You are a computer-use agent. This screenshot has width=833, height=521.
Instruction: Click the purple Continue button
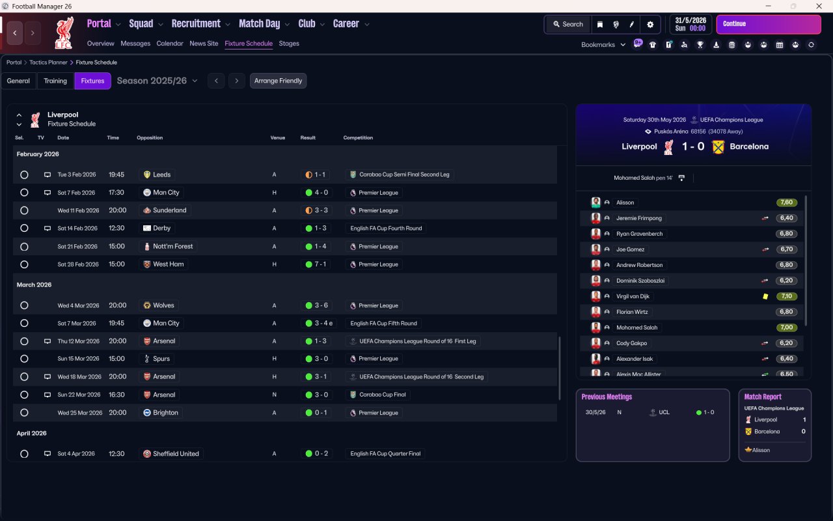click(768, 24)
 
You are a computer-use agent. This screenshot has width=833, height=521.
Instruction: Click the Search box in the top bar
click(568, 24)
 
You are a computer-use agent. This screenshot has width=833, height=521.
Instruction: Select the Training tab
click(55, 81)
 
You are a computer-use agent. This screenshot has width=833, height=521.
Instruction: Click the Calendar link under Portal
click(170, 44)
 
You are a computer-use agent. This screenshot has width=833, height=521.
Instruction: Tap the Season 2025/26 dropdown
click(157, 81)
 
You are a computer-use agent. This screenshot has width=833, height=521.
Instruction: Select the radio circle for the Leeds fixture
click(24, 175)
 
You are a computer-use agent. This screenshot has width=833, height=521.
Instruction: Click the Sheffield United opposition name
click(176, 454)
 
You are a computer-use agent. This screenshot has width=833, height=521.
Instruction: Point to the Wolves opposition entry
click(163, 305)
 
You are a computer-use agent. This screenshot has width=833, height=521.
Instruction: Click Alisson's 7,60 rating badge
click(787, 203)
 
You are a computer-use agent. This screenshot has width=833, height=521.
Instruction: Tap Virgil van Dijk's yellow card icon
click(765, 296)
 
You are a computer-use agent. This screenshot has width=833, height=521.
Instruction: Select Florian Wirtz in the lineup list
click(633, 312)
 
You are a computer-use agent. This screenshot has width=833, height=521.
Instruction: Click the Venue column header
click(278, 138)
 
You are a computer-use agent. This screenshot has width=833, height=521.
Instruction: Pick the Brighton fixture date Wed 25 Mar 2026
click(79, 413)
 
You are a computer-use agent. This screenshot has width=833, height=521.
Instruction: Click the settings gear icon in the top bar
click(649, 24)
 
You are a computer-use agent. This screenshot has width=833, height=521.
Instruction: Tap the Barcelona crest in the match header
click(718, 147)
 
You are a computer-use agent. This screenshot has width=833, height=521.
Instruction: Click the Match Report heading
click(763, 397)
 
